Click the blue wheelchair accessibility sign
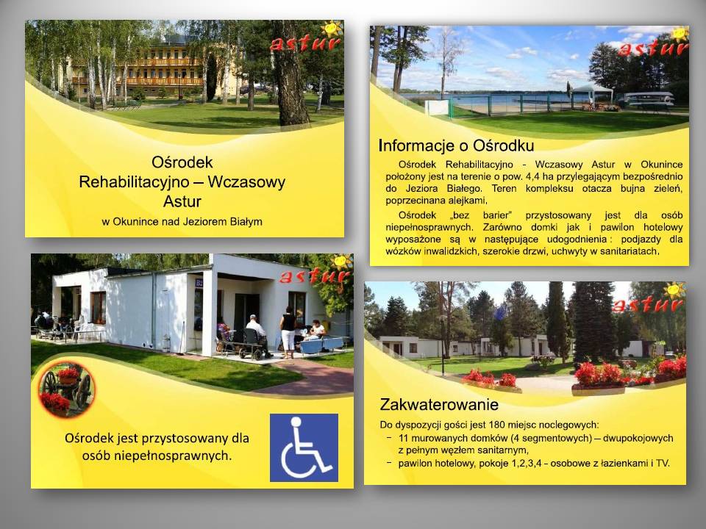click(x=304, y=447)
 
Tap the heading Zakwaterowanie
click(x=439, y=404)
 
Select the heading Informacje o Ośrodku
click(x=456, y=145)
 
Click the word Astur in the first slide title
click(x=182, y=201)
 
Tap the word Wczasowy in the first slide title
click(x=246, y=181)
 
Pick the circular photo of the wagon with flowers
click(x=67, y=389)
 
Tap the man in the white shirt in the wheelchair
click(x=257, y=333)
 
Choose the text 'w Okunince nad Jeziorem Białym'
click(x=182, y=221)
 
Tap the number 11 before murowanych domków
click(x=403, y=438)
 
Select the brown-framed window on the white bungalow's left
click(x=98, y=307)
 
